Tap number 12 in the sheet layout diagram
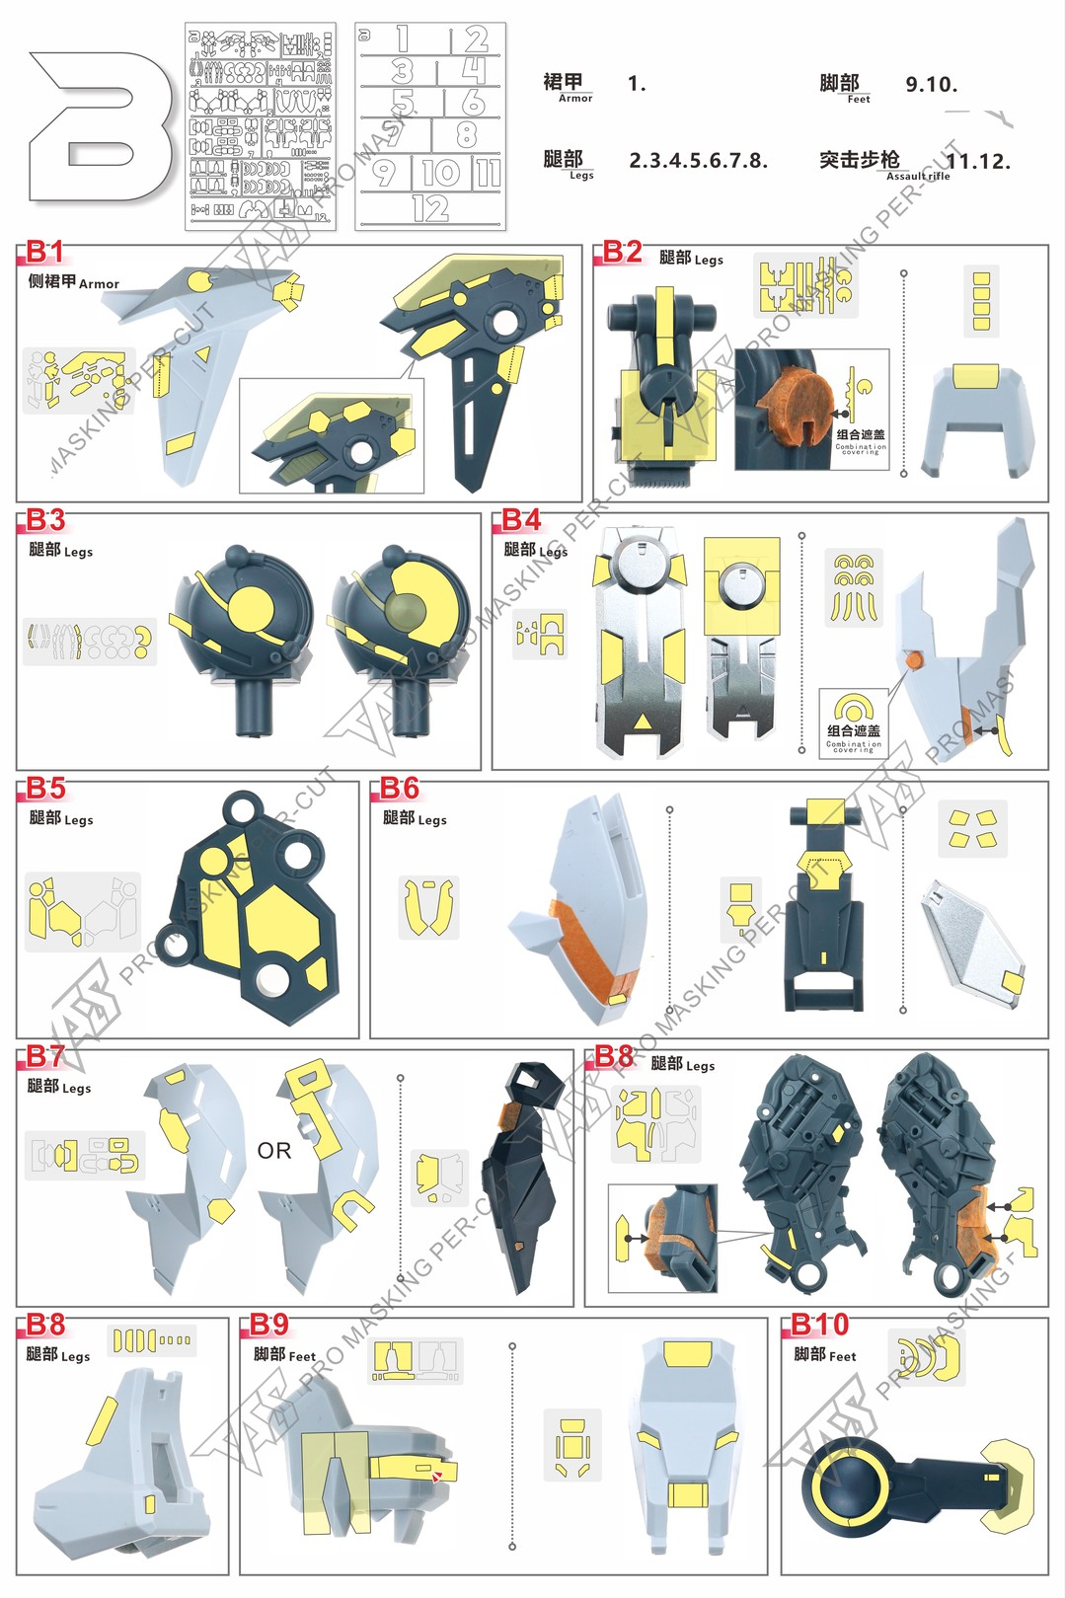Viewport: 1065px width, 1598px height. [x=431, y=208]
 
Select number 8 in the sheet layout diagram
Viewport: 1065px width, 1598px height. [x=467, y=134]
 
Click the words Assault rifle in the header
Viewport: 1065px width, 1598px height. [x=918, y=177]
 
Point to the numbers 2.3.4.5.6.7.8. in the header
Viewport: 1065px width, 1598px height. [x=698, y=161]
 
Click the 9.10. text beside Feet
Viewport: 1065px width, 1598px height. [x=931, y=85]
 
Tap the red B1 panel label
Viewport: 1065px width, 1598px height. [x=45, y=252]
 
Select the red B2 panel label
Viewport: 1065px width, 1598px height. [x=623, y=252]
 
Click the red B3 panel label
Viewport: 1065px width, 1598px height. [x=45, y=520]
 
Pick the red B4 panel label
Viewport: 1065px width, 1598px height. [x=521, y=520]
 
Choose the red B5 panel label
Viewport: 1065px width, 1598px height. [x=45, y=789]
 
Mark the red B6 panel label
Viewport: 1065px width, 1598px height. [x=400, y=789]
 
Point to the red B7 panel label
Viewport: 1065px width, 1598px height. [x=45, y=1057]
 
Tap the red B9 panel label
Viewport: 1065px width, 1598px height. [x=268, y=1325]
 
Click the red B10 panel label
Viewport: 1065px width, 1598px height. [x=819, y=1325]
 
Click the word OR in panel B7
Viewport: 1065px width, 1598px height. [x=274, y=1151]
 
